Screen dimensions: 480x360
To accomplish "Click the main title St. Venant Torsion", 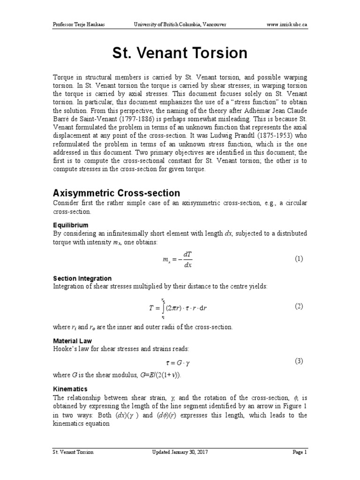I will (180, 53).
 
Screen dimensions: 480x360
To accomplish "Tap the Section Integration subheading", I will (82, 278).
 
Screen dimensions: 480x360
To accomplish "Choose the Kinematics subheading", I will (70, 389).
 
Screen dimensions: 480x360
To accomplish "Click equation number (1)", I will (299, 259).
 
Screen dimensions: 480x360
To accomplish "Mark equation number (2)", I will (299, 307).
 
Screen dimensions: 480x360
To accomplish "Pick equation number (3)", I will (299, 361).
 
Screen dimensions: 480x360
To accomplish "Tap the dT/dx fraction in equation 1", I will (187, 260).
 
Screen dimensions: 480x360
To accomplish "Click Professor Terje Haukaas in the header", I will (78, 24).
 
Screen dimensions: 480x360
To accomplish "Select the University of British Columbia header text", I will (180, 24).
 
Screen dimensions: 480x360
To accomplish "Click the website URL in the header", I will (287, 24).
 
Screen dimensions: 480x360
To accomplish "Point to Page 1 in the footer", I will (299, 452).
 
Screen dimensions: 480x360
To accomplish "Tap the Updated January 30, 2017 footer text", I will (180, 452).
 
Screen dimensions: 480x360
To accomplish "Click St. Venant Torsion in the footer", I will (72, 452).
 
